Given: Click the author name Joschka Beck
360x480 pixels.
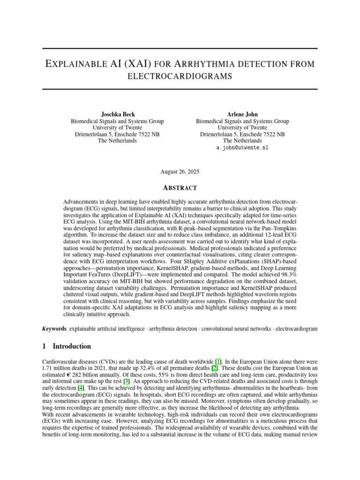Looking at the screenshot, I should click(117, 114).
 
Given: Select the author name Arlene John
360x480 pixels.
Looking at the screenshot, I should click(242, 114).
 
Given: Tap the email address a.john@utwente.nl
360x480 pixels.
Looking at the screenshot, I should click(242, 147).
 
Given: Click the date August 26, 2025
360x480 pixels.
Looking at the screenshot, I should click(180, 172).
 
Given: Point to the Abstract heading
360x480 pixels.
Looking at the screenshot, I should click(180, 188).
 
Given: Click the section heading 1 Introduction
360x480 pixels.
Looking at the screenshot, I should click(67, 346).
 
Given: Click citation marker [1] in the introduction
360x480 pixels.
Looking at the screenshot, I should click(218, 362).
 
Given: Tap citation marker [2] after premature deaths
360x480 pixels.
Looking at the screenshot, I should click(214, 368).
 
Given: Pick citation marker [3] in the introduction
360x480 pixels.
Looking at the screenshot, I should click(127, 382).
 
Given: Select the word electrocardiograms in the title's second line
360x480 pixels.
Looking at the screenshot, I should click(180, 76).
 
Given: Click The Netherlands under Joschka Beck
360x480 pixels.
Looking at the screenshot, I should click(117, 141).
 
